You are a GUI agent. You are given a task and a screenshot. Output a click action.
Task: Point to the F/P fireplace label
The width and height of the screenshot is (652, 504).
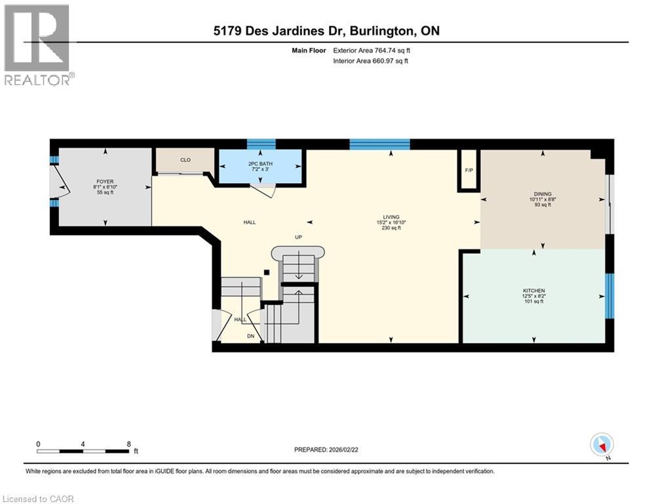[469, 171]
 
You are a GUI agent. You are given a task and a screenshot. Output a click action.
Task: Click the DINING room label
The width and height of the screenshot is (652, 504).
[542, 194]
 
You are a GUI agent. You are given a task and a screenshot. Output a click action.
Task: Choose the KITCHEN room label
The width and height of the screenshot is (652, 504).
[534, 291]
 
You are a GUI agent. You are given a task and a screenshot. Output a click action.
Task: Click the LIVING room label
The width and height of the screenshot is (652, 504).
[391, 217]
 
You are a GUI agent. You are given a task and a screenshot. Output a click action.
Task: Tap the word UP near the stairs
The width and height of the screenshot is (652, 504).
[297, 238]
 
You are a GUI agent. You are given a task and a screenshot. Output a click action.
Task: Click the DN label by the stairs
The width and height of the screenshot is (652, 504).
[250, 336]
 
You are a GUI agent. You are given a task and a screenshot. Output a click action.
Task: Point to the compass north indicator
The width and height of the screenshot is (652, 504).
[601, 445]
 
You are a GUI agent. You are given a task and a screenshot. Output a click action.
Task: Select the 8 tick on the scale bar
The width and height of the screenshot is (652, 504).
[128, 444]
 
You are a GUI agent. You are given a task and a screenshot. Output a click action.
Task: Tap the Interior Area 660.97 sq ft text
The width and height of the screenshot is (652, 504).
[371, 61]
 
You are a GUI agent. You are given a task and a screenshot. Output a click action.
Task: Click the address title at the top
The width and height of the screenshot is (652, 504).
[326, 31]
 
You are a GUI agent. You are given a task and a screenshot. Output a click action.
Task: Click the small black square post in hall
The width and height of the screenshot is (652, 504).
[265, 272]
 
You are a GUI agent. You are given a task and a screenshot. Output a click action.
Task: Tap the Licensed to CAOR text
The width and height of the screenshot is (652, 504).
[38, 499]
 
